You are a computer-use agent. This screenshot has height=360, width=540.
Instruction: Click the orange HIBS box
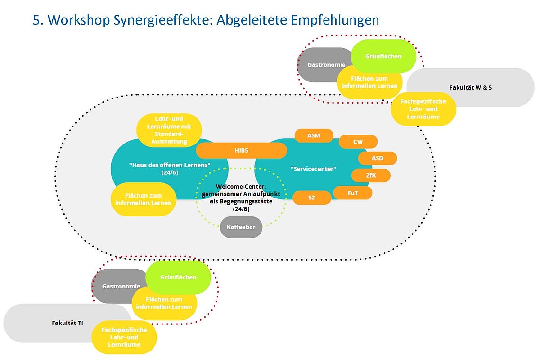pyautogui.click(x=241, y=150)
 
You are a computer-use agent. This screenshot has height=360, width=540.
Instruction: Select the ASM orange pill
pyautogui.click(x=314, y=135)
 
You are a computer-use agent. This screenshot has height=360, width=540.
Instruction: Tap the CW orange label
pyautogui.click(x=358, y=142)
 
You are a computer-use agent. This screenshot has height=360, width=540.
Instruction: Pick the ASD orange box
pyautogui.click(x=377, y=158)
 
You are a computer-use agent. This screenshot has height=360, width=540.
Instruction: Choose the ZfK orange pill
pyautogui.click(x=371, y=175)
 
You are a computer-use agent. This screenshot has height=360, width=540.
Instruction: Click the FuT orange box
pyautogui.click(x=352, y=193)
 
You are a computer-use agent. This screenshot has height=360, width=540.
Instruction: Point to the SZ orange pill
pyautogui.click(x=311, y=198)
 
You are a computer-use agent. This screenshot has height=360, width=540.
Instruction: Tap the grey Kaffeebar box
pyautogui.click(x=241, y=227)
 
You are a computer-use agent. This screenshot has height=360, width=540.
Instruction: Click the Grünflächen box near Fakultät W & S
pyautogui.click(x=383, y=56)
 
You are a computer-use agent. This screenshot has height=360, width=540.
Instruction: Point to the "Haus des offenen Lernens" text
pyautogui.click(x=169, y=169)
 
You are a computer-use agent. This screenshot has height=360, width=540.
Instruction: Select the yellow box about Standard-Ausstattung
pyautogui.click(x=169, y=130)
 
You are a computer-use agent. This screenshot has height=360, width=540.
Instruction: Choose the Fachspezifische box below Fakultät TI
pyautogui.click(x=124, y=337)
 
